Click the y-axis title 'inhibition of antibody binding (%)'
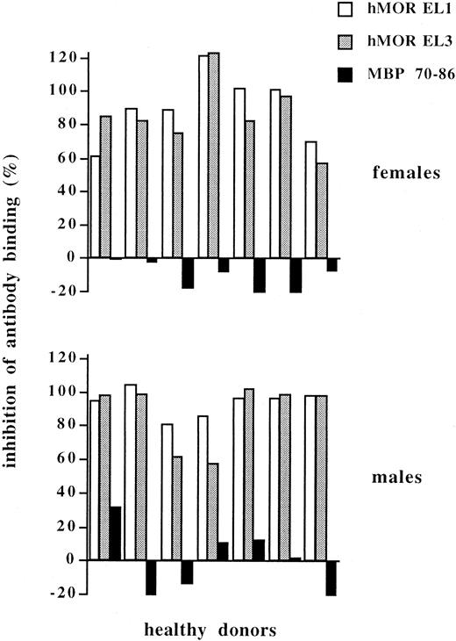coord(19,320)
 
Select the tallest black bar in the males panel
coord(115,533)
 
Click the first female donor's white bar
coord(95,206)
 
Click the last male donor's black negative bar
coord(331,577)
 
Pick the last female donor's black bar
coord(331,264)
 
